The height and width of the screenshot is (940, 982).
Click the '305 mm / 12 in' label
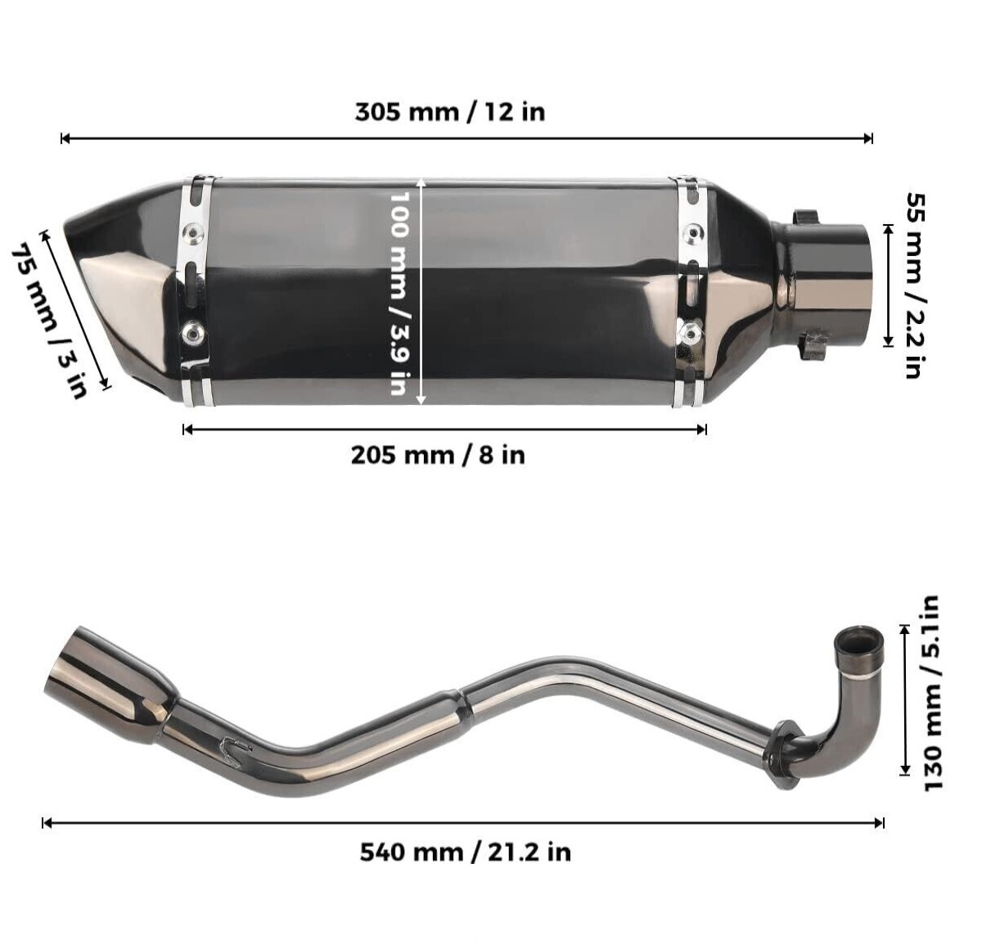449,111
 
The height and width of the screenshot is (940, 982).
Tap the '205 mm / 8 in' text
438,454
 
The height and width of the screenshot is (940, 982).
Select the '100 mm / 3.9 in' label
398,293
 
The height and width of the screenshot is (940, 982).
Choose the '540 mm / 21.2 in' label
465,852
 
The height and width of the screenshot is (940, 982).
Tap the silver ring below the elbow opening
860,676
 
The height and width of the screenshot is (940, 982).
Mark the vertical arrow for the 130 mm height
904,699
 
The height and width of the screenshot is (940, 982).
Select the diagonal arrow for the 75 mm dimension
75,309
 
